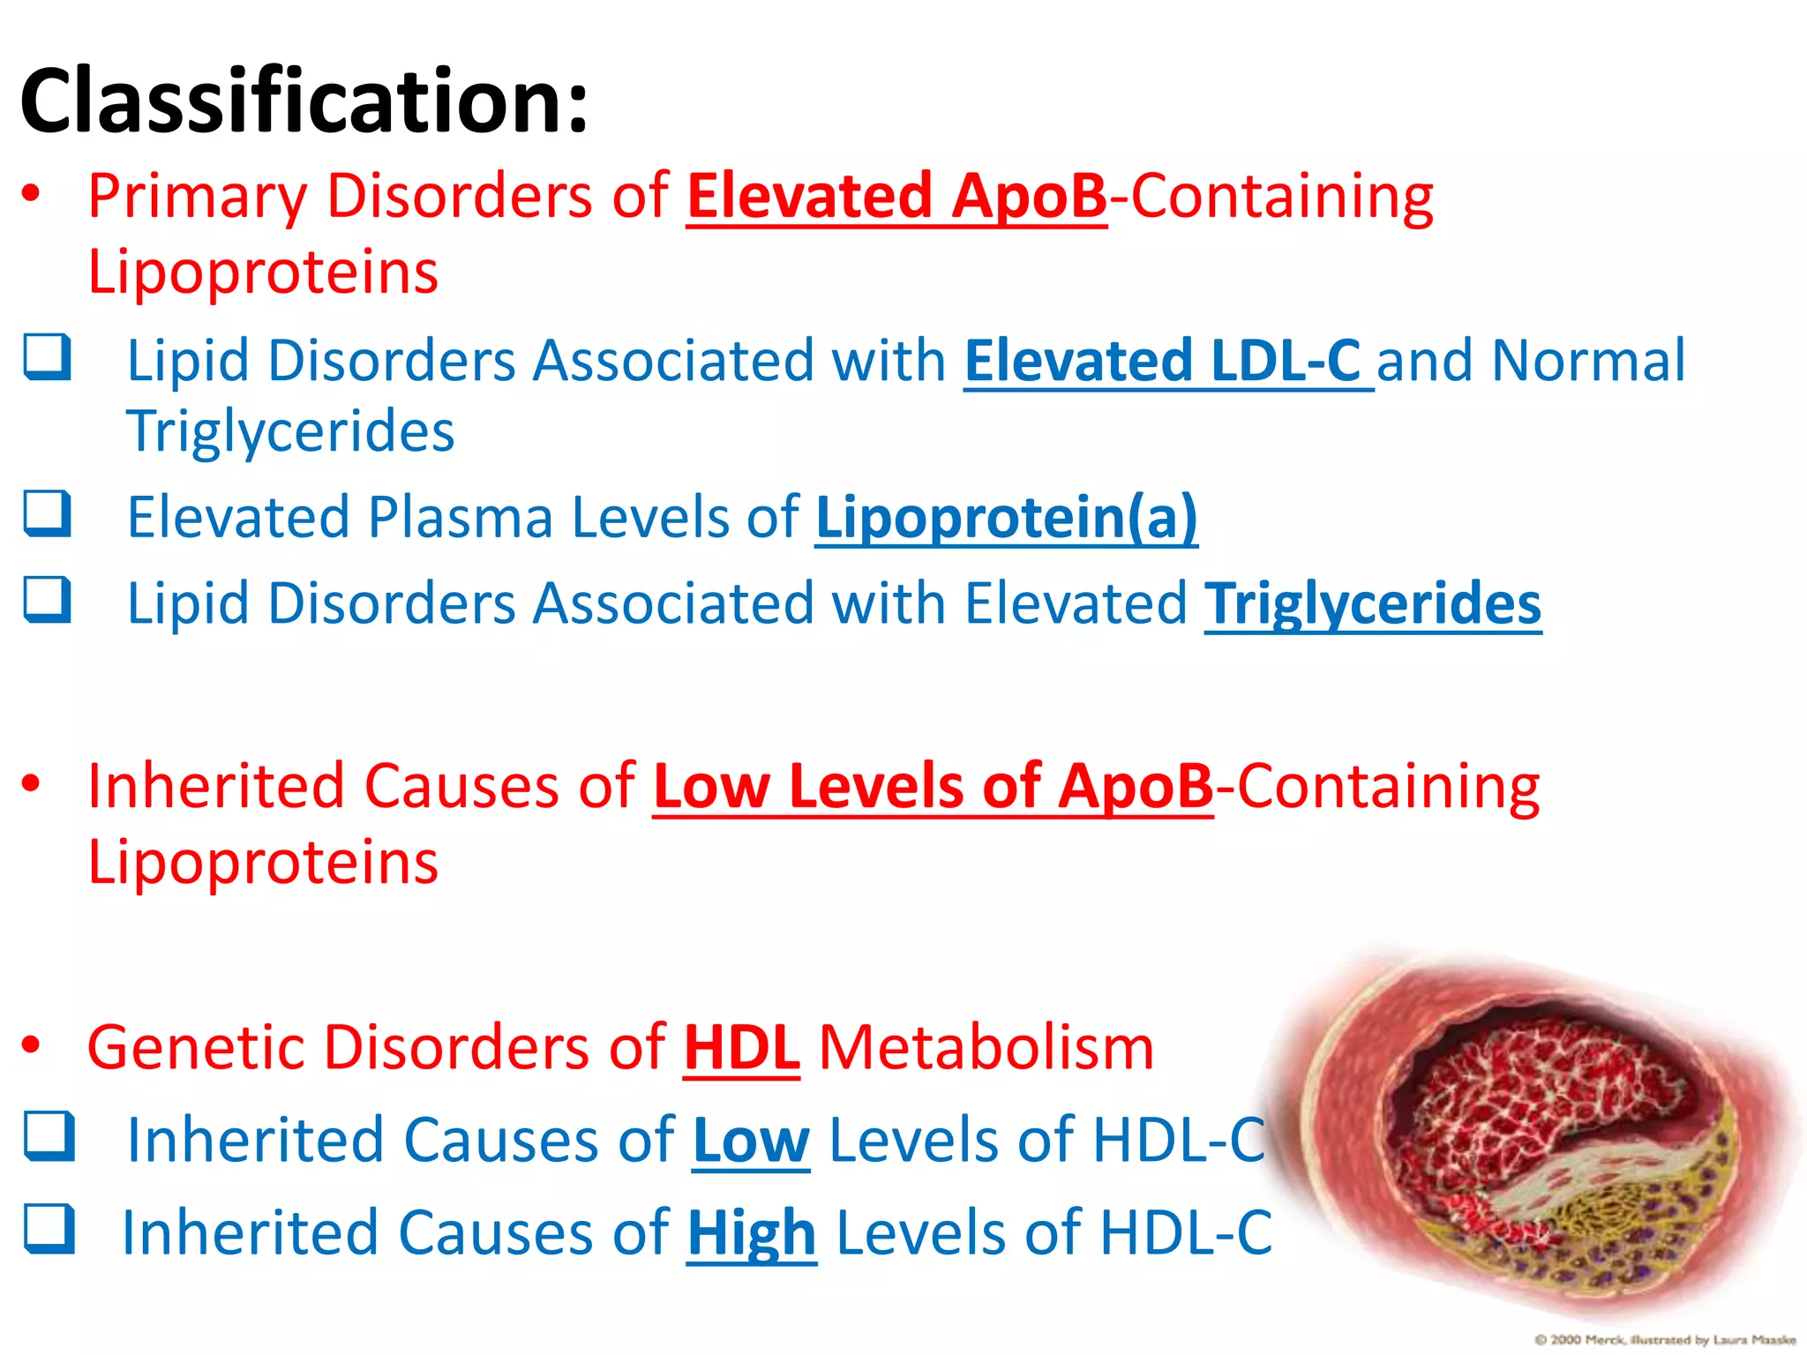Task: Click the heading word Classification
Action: click(x=304, y=101)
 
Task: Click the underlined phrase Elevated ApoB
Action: click(x=896, y=196)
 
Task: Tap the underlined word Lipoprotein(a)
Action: click(x=1006, y=517)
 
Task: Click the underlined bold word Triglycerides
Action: click(x=1372, y=604)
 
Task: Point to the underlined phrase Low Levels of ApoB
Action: click(x=933, y=786)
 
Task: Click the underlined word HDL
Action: click(x=741, y=1048)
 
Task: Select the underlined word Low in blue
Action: click(x=750, y=1141)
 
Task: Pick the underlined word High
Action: click(x=751, y=1233)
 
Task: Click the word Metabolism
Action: click(x=986, y=1048)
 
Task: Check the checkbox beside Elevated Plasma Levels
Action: click(x=47, y=513)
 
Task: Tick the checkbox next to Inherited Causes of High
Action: click(x=49, y=1228)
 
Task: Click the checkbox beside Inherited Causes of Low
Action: click(x=49, y=1136)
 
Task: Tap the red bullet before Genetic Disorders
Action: click(x=32, y=1045)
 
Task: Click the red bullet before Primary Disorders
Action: click(x=32, y=193)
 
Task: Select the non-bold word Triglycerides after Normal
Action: click(x=290, y=432)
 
